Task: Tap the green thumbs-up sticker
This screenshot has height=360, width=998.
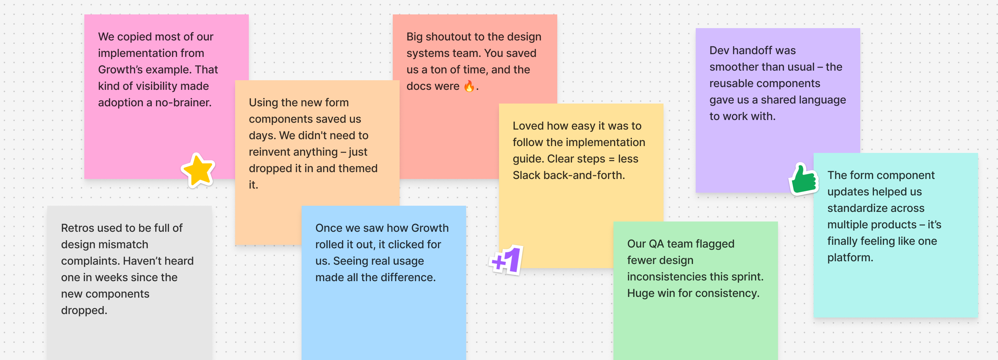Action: click(x=804, y=179)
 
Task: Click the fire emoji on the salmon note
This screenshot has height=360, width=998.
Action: click(x=469, y=86)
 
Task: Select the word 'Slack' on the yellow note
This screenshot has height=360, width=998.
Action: click(x=526, y=176)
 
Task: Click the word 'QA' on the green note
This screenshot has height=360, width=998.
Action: click(x=656, y=244)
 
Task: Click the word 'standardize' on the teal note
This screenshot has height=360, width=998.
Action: click(x=876, y=208)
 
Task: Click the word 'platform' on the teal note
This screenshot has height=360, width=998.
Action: click(x=849, y=258)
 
